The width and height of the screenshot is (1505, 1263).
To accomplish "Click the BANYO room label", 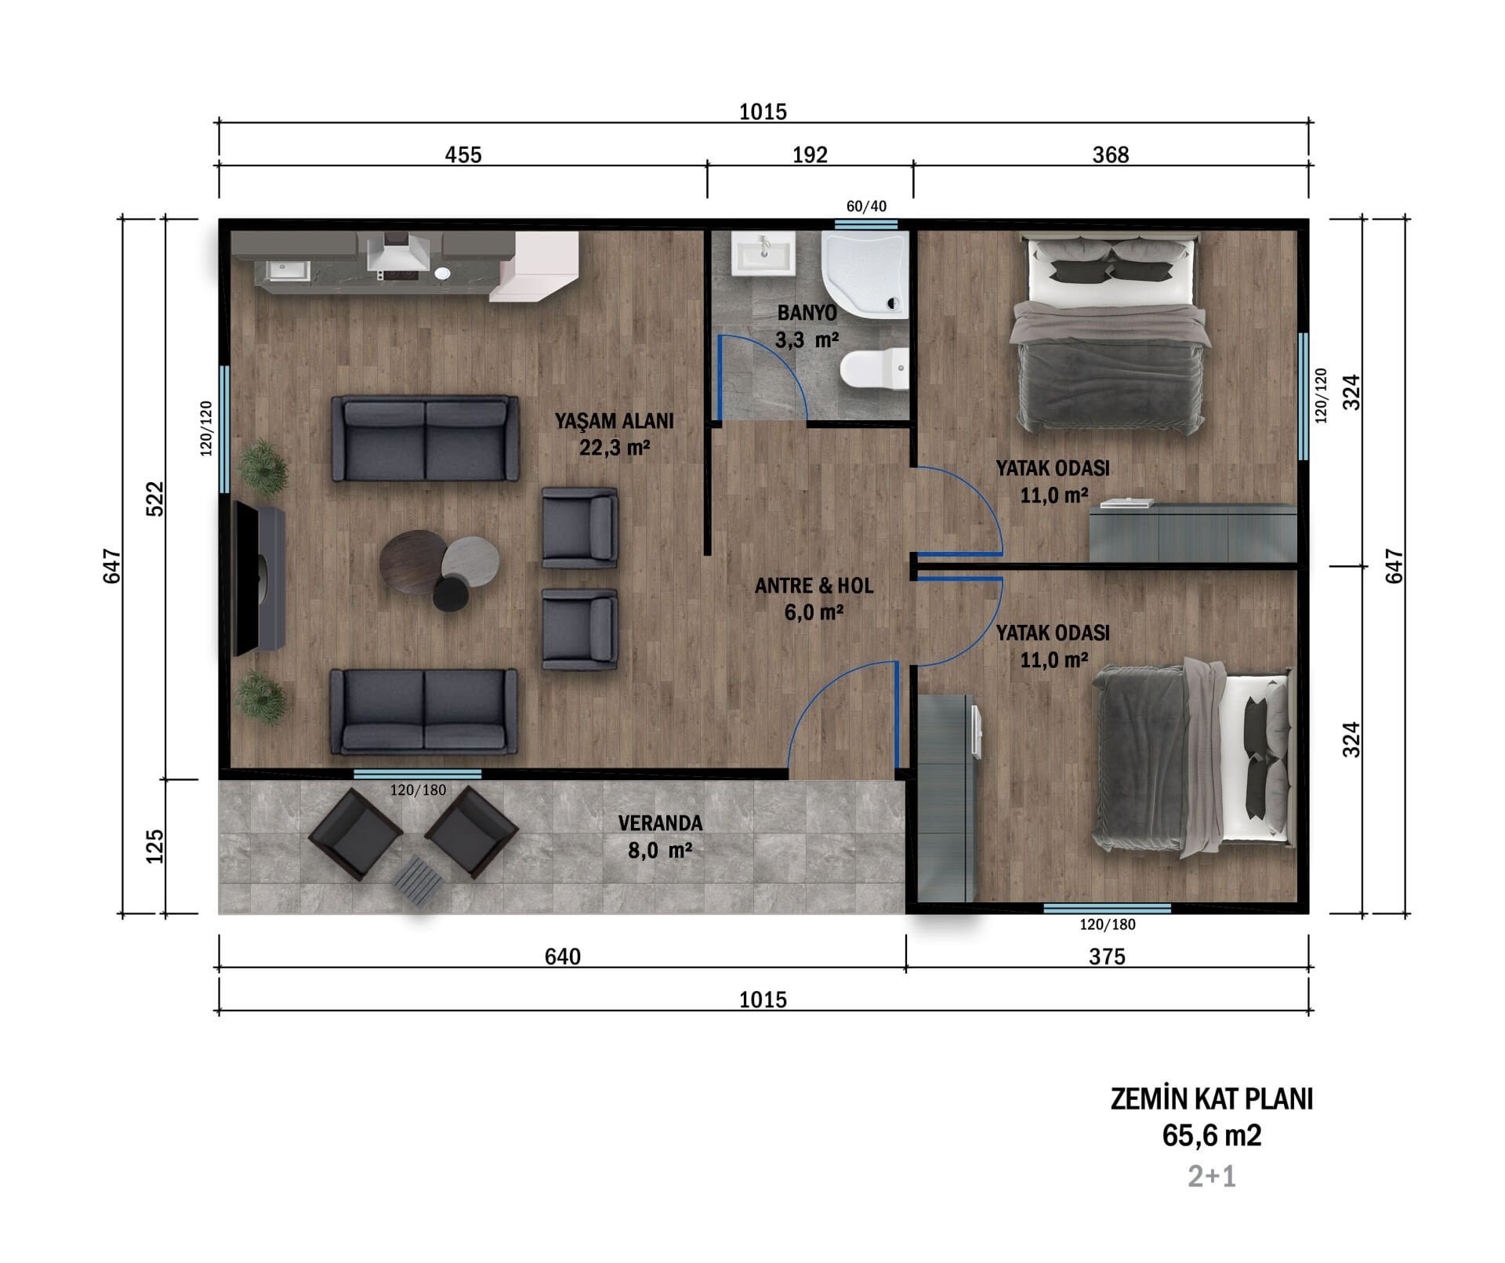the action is (x=807, y=313).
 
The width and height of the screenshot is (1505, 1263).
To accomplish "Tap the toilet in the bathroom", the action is (x=874, y=368).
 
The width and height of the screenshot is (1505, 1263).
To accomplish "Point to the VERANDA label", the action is (x=660, y=823).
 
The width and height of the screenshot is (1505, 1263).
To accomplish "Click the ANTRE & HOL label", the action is (x=814, y=586).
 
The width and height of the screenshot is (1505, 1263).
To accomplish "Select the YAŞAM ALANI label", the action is (x=615, y=421).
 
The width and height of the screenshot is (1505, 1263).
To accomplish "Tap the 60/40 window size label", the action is (x=866, y=206).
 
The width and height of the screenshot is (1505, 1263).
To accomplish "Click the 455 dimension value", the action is (x=463, y=154).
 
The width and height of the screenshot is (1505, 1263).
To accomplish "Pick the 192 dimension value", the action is (x=810, y=154).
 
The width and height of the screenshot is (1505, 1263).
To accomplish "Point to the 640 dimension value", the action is (x=562, y=956).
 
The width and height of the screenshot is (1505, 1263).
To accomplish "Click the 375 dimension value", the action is (x=1107, y=956).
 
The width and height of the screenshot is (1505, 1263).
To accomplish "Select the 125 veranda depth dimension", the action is (x=155, y=846).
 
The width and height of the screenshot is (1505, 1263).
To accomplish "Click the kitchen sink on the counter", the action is (x=280, y=270).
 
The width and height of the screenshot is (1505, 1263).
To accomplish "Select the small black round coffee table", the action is (x=451, y=593).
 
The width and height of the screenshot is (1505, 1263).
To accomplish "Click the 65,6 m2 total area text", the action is (x=1211, y=1136).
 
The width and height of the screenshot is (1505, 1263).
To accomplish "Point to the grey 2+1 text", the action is (x=1211, y=1177).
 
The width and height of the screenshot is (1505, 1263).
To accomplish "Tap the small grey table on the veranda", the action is (x=416, y=881).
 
